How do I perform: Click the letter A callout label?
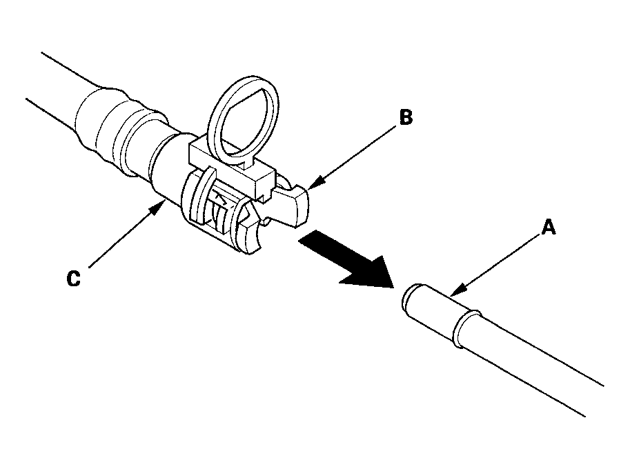pos(548,228)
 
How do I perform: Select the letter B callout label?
pos(406,118)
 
